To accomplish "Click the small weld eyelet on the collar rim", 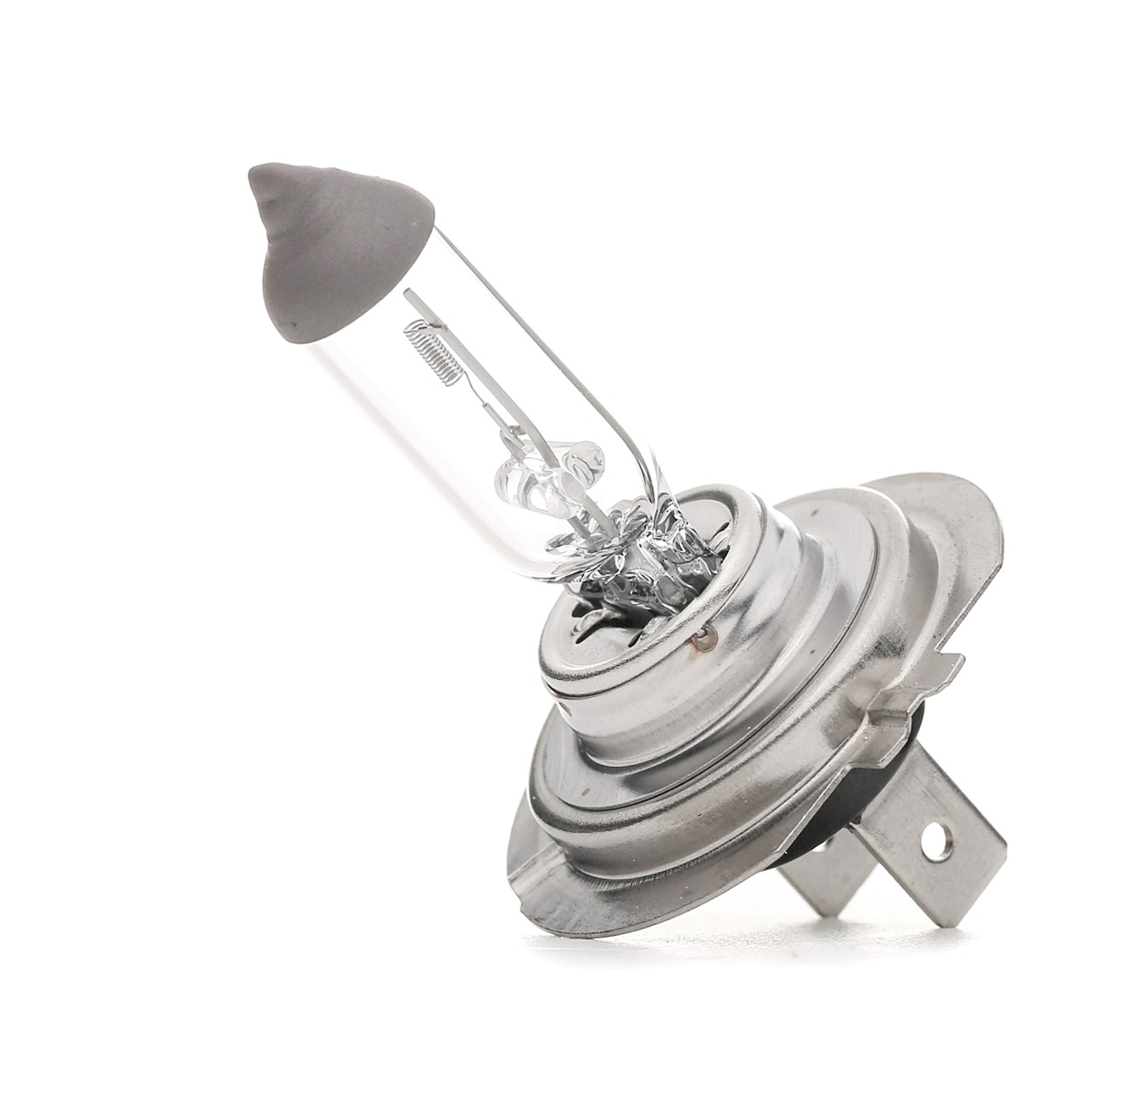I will tap(704, 634).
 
